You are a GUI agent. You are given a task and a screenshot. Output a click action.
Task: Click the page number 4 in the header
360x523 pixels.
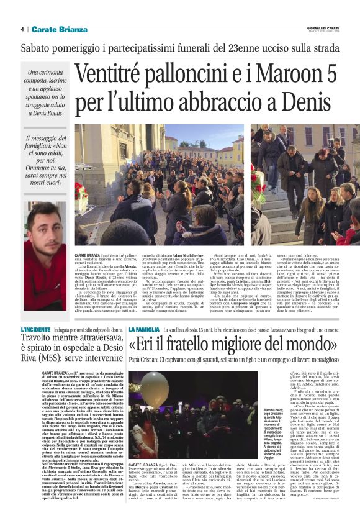click(x=22, y=29)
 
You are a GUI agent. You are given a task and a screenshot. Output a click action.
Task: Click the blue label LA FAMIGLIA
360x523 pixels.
click(x=143, y=329)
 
